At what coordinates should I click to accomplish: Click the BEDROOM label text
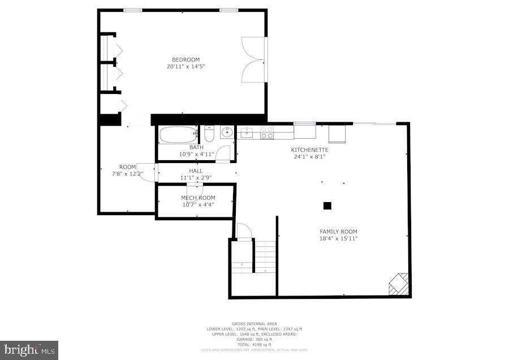pyautogui.click(x=186, y=59)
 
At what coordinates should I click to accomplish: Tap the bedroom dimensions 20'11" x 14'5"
pyautogui.click(x=186, y=66)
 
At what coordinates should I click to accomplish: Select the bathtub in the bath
pyautogui.click(x=177, y=135)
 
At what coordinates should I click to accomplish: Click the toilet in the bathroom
pyautogui.click(x=209, y=135)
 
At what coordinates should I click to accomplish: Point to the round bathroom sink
pyautogui.click(x=227, y=132)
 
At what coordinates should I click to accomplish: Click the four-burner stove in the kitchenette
pyautogui.click(x=267, y=132)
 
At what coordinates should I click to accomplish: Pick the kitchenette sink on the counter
pyautogui.click(x=247, y=132)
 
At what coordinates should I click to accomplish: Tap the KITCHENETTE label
pyautogui.click(x=309, y=149)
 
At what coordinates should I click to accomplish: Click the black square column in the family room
pyautogui.click(x=327, y=206)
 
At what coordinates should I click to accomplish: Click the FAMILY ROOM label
pyautogui.click(x=338, y=232)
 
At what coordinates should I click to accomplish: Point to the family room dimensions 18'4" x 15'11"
pyautogui.click(x=338, y=238)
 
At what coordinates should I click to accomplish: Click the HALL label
pyautogui.click(x=196, y=170)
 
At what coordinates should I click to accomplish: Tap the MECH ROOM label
pyautogui.click(x=198, y=198)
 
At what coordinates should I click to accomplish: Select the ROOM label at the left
pyautogui.click(x=127, y=166)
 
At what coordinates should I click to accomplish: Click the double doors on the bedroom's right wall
pyautogui.click(x=253, y=59)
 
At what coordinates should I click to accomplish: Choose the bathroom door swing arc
pyautogui.click(x=225, y=153)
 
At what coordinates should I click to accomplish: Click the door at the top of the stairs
pyautogui.click(x=243, y=231)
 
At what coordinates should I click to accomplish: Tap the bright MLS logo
pyautogui.click(x=29, y=350)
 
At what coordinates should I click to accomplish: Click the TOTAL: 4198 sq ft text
pyautogui.click(x=254, y=344)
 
